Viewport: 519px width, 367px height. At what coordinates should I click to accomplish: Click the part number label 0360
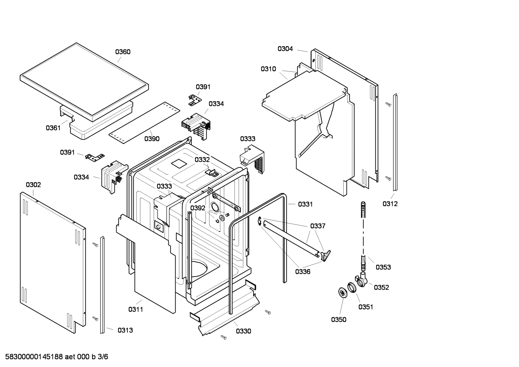pyautogui.click(x=123, y=52)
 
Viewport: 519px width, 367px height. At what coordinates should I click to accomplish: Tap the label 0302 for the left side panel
pyautogui.click(x=33, y=185)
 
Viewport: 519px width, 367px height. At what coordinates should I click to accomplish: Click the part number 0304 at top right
pyautogui.click(x=285, y=49)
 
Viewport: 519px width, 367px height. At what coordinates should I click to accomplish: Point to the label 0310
pyautogui.click(x=268, y=69)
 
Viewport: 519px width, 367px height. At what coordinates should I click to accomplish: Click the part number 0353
pyautogui.click(x=383, y=267)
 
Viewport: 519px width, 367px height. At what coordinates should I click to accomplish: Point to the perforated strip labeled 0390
pyautogui.click(x=144, y=119)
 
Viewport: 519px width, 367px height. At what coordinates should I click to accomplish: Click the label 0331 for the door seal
pyautogui.click(x=305, y=204)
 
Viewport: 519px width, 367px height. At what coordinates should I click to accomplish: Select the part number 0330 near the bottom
pyautogui.click(x=244, y=331)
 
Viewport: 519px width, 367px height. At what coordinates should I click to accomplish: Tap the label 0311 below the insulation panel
pyautogui.click(x=136, y=309)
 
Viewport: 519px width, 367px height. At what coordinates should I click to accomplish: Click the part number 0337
pyautogui.click(x=318, y=226)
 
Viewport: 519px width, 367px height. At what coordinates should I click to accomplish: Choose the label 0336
pyautogui.click(x=303, y=272)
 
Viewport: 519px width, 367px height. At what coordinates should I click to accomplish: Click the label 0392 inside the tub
pyautogui.click(x=198, y=208)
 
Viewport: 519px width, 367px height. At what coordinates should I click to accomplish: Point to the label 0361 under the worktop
pyautogui.click(x=53, y=127)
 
